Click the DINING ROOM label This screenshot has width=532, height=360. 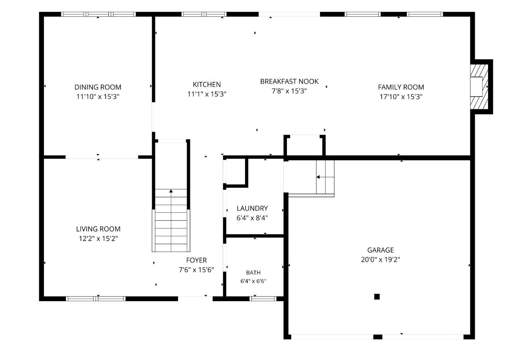point(98,87)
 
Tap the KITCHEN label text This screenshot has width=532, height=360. point(207,84)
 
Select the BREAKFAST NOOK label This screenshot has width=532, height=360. point(289,82)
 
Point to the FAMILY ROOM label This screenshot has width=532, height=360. point(401,87)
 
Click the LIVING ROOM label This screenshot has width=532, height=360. point(98,229)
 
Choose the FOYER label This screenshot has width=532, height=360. point(196,260)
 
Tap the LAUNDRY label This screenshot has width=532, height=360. point(252,208)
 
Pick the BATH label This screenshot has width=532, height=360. point(253,273)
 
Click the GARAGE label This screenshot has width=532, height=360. point(381,250)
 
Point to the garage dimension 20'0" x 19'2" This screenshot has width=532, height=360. point(381,260)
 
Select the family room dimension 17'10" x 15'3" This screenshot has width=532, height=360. point(401,96)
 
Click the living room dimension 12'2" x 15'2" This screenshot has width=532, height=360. point(98,238)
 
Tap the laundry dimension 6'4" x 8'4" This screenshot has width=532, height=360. point(252,218)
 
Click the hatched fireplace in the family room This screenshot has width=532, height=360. point(479,87)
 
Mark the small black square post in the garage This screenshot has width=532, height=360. point(377,297)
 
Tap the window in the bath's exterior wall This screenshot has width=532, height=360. point(263,299)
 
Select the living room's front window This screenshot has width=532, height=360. point(96,299)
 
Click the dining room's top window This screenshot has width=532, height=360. point(98,14)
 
